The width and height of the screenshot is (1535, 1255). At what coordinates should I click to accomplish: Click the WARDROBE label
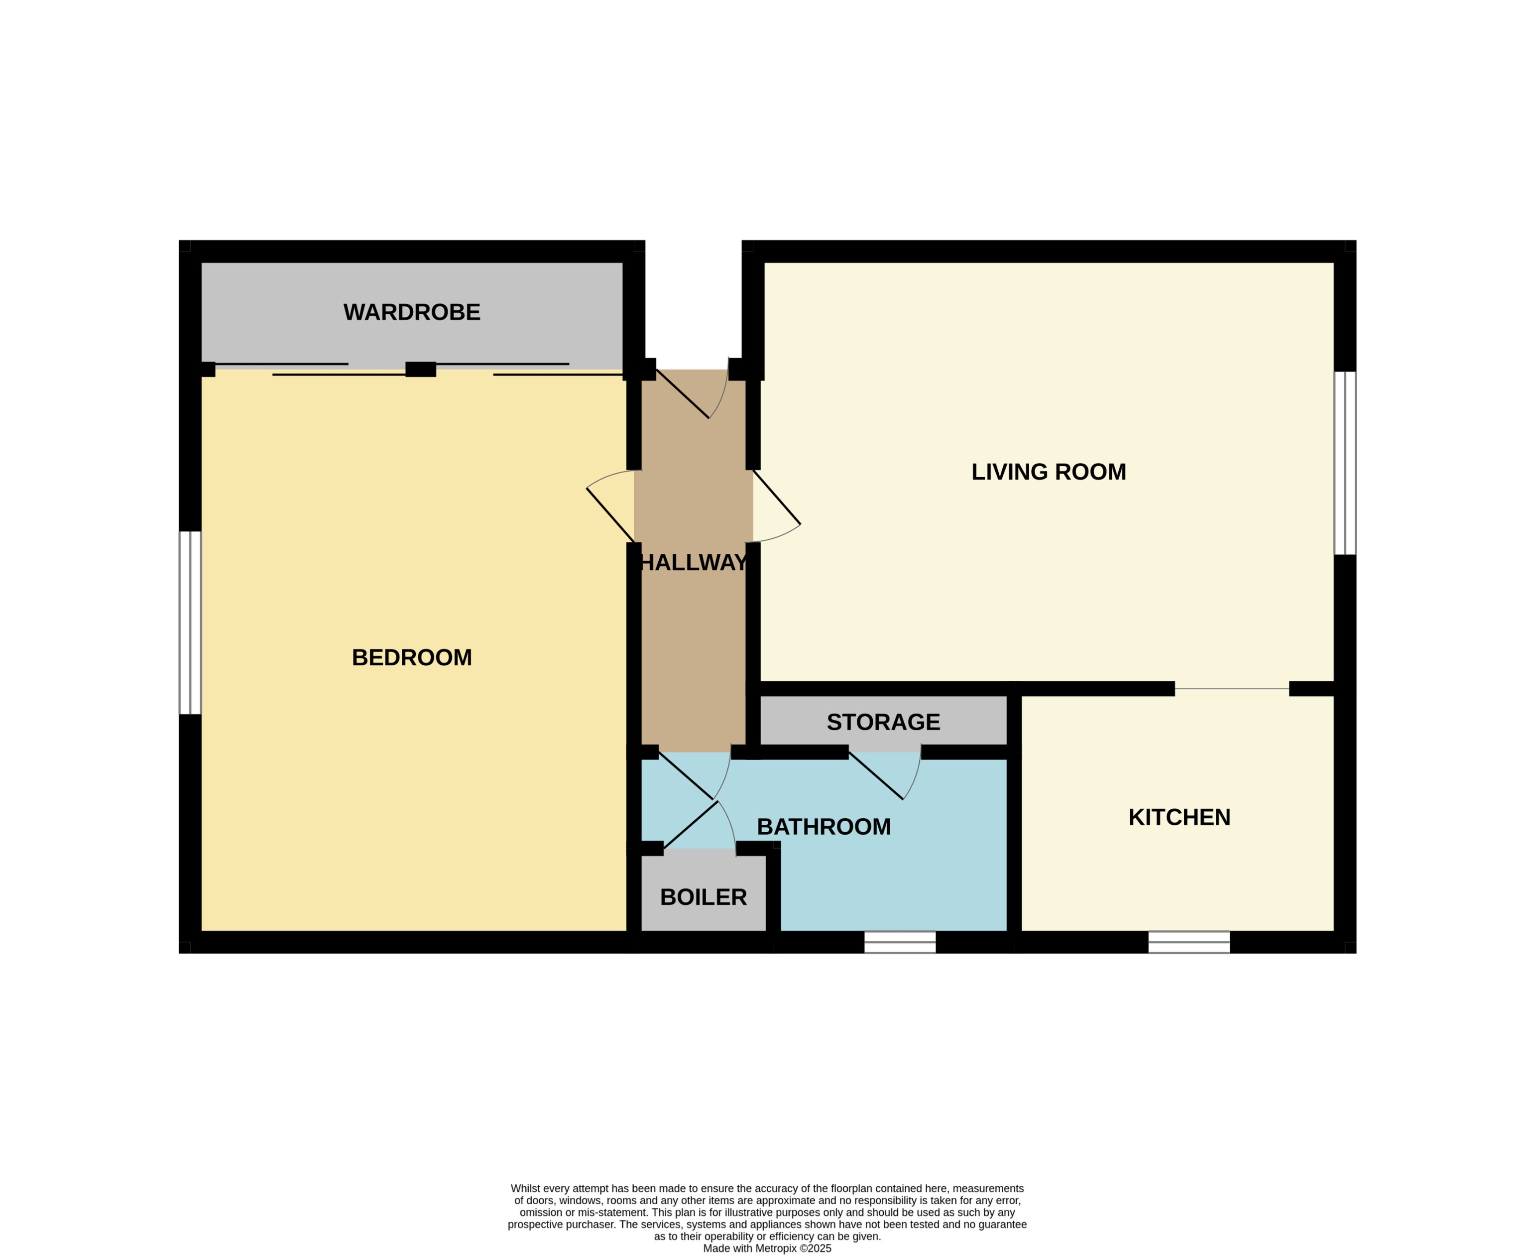[x=411, y=312]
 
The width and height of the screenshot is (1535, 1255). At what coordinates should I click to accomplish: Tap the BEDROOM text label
[x=411, y=657]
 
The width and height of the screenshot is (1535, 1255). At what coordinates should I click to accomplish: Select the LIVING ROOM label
[x=1048, y=472]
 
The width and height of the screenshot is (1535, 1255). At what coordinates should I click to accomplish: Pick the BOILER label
[x=703, y=897]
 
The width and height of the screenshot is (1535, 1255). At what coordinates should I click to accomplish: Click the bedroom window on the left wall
[x=190, y=623]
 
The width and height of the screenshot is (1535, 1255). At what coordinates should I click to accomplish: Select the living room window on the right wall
[x=1344, y=463]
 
